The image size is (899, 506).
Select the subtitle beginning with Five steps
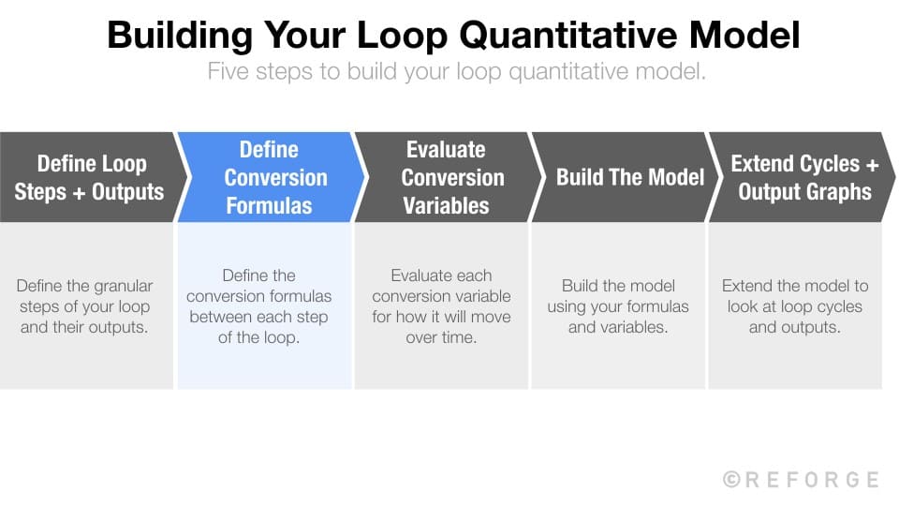[x=456, y=72]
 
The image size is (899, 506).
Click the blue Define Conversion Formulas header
[x=269, y=177]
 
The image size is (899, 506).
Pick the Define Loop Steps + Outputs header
[x=90, y=177]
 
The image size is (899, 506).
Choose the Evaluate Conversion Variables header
[x=446, y=177]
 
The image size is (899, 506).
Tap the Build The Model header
[x=629, y=177]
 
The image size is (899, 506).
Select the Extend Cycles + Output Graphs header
[x=803, y=177]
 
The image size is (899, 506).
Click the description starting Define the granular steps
[x=85, y=306]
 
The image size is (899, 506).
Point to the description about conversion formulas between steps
[x=258, y=306]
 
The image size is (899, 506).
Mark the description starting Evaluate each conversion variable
[x=441, y=306]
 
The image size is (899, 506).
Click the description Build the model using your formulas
[x=618, y=306]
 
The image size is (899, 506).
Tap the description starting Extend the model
[x=795, y=306]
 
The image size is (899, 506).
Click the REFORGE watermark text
[x=812, y=480]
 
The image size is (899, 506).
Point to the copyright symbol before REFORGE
[x=732, y=480]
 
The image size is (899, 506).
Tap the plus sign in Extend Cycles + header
[x=871, y=164]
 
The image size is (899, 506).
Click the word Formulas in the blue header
[x=269, y=204]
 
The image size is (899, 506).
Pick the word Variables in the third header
[x=446, y=204]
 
